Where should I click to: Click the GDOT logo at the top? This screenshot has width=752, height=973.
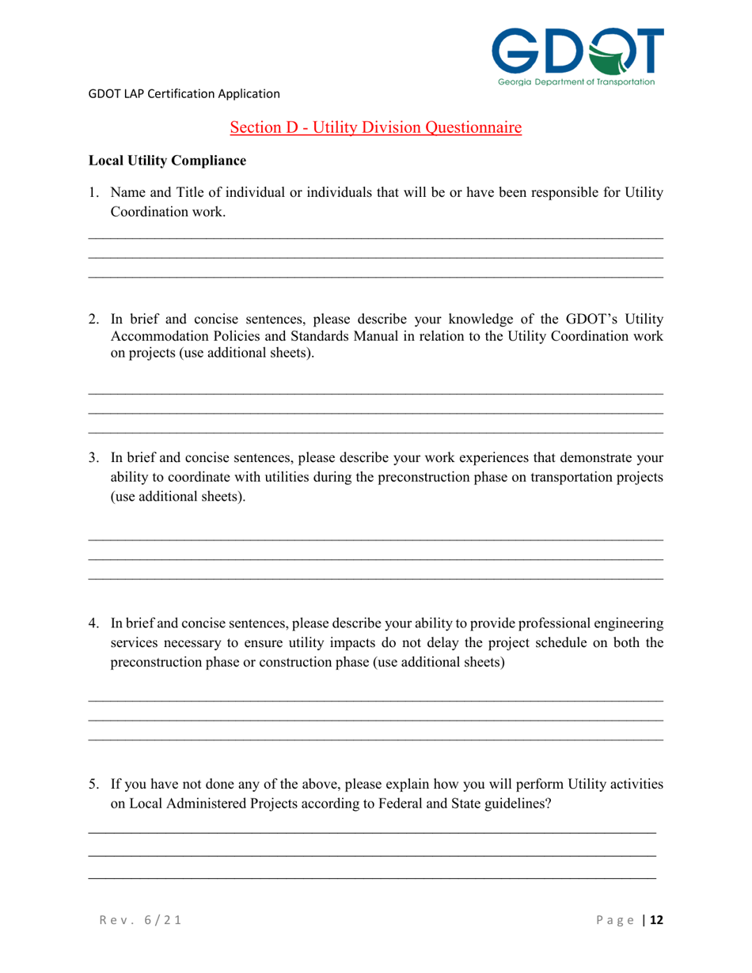point(577,51)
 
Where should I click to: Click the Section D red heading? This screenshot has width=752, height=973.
point(376,127)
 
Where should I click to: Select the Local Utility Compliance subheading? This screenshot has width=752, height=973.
point(167,161)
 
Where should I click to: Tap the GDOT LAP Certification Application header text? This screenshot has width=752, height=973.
point(184,93)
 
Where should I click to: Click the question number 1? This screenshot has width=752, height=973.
point(93,192)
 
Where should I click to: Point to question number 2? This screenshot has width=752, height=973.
point(93,320)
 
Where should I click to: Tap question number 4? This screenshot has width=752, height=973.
point(93,623)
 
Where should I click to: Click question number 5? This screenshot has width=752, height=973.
point(93,785)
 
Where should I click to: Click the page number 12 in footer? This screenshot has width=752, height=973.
point(656,920)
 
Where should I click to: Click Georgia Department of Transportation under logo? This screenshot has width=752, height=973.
point(576,81)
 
